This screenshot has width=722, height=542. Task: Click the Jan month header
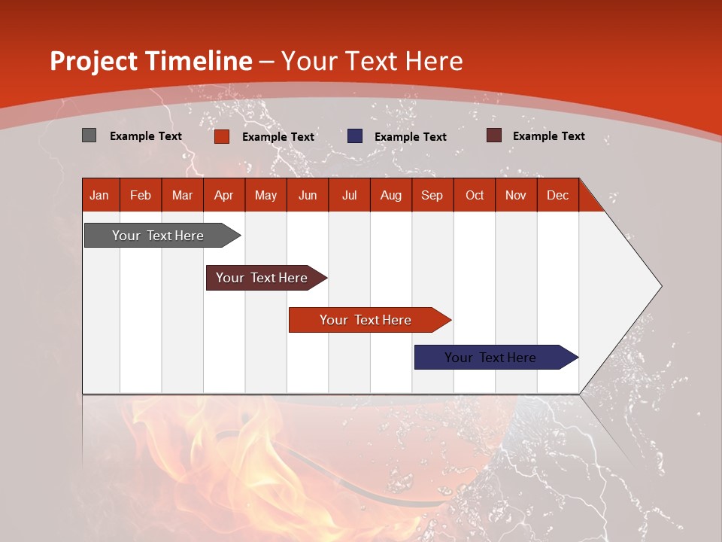99,195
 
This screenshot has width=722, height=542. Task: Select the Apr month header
223,195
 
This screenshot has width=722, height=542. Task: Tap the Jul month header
349,195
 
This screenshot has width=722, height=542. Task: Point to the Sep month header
432,195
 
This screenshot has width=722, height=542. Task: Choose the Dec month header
557,195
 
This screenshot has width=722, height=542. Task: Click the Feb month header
141,195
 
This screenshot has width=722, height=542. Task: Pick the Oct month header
475,195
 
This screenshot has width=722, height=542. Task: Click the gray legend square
89,135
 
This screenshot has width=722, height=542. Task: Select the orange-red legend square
222,136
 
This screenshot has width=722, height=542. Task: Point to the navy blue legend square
355,136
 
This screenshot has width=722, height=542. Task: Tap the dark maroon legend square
493,135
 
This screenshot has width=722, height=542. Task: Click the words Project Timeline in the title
151,61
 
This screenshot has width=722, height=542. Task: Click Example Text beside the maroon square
548,136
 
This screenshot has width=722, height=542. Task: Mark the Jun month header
308,195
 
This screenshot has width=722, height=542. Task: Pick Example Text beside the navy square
410,137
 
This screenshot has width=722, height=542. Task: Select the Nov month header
516,195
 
